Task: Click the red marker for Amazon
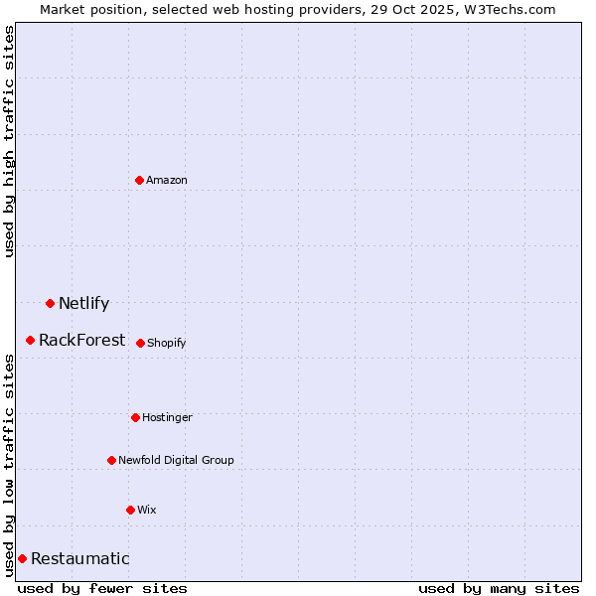[140, 180]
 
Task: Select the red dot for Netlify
[50, 303]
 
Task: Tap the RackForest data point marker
[31, 340]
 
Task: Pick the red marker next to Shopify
[140, 343]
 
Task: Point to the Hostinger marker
[135, 417]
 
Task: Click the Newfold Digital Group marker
[111, 460]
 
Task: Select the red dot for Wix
[130, 510]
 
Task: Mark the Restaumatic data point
[22, 558]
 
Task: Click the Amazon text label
[167, 180]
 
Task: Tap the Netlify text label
[83, 303]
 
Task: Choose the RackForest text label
[81, 340]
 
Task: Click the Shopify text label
[167, 343]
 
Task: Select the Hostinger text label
[167, 417]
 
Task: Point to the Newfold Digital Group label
[176, 460]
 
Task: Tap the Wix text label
[147, 510]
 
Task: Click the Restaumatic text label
[79, 558]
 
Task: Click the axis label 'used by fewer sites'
[102, 588]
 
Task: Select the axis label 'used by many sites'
[499, 588]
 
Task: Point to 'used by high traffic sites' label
[10, 141]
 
